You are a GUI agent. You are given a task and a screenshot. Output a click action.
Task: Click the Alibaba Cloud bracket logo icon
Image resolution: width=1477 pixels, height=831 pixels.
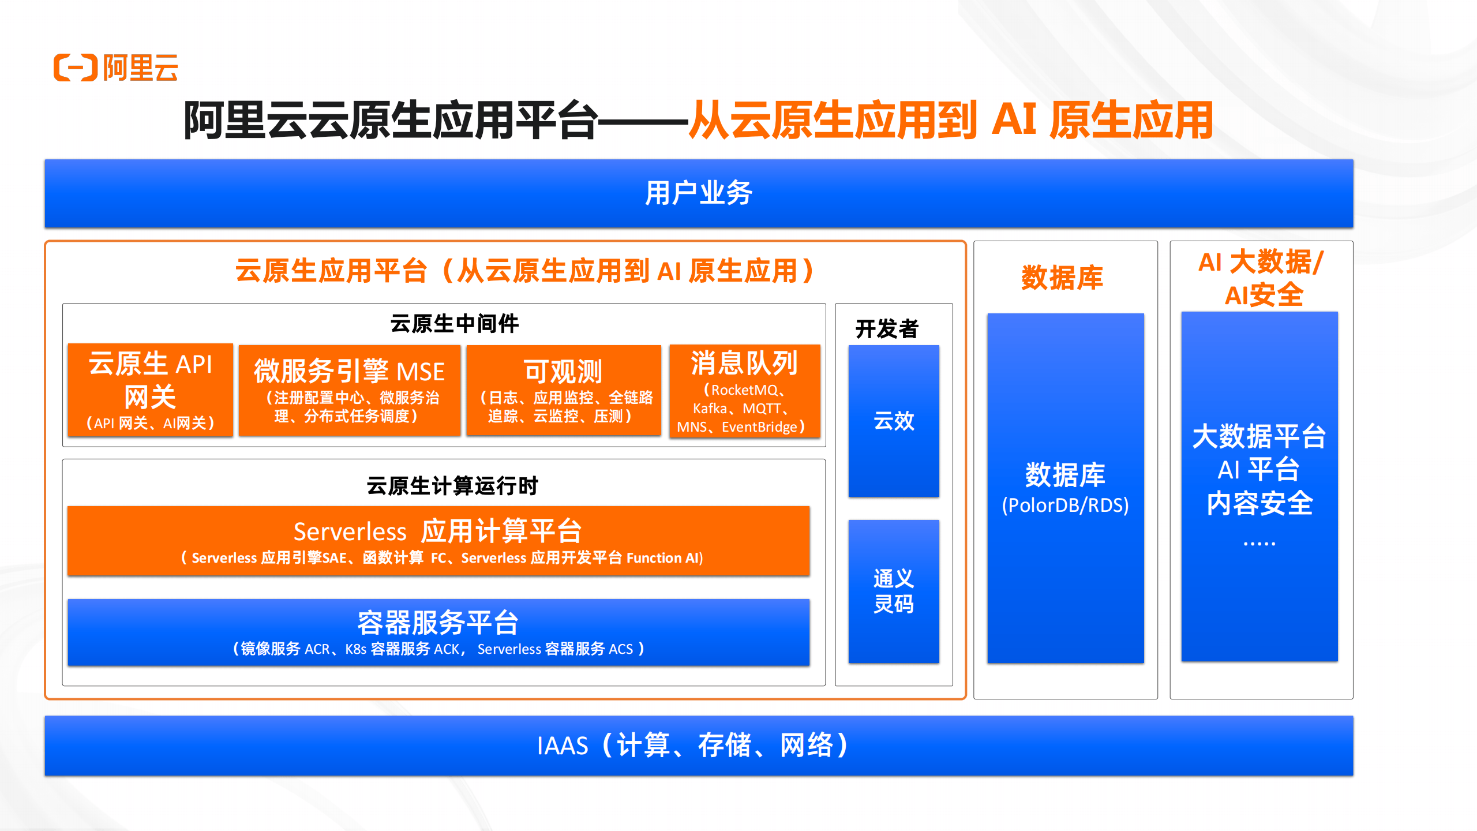coord(76,68)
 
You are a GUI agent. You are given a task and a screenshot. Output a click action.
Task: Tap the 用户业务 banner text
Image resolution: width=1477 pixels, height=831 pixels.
coord(699,193)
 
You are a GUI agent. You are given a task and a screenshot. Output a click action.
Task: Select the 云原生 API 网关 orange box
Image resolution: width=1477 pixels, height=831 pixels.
coord(150,390)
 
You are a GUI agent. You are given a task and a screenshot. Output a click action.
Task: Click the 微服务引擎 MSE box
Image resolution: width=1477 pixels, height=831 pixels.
coord(350,390)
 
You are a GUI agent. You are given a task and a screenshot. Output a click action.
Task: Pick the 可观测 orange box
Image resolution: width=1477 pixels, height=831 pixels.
coord(564,390)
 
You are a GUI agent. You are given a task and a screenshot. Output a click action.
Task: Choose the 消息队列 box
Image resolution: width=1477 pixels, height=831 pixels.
coord(745,391)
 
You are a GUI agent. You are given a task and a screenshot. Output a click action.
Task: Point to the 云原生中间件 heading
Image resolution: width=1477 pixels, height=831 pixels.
coord(455,324)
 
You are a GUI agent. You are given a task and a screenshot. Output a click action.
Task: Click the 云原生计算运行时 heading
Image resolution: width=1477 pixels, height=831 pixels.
coord(452,486)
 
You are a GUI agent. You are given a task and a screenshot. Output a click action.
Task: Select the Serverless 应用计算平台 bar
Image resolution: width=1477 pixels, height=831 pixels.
coord(438,541)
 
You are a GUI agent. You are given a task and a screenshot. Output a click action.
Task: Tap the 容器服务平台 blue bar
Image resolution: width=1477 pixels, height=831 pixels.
coord(438,632)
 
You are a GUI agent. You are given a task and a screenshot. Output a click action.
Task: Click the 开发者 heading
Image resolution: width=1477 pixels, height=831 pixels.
coord(887,329)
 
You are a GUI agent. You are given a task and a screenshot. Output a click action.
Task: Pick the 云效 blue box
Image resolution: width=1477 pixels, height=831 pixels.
coord(894,421)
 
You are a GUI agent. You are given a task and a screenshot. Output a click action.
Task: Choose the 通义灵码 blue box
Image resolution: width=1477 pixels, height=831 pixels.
coord(894,592)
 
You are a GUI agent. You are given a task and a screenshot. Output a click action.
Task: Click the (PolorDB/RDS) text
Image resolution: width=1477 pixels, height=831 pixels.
coord(1065,505)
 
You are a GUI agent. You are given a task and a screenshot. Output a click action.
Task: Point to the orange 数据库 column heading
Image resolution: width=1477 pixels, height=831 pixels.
coord(1062,278)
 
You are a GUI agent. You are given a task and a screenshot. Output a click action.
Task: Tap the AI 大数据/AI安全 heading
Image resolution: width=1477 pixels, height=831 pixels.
coord(1261,279)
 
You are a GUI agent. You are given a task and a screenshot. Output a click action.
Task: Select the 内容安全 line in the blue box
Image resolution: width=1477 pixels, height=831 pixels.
coord(1260,503)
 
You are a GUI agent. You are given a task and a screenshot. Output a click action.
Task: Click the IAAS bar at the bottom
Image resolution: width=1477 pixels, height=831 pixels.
coord(699,746)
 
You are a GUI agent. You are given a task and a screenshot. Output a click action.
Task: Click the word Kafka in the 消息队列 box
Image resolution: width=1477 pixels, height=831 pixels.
coord(710,409)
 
